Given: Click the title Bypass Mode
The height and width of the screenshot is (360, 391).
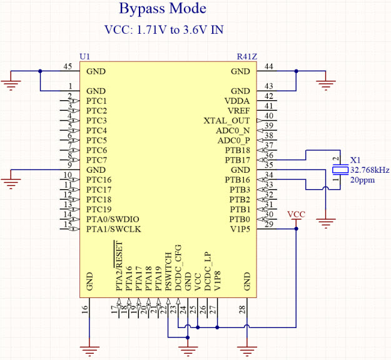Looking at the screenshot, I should (161, 10).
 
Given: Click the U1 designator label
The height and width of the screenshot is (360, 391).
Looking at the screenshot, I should (84, 56).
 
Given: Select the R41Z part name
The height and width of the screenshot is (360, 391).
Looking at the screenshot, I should (246, 56).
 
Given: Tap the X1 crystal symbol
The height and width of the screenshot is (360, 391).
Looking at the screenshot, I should (340, 170).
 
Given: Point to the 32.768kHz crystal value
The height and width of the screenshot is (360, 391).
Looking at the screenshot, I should (370, 170).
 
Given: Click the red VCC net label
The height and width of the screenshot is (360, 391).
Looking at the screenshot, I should (297, 214).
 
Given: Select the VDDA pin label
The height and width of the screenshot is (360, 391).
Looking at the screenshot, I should (236, 101).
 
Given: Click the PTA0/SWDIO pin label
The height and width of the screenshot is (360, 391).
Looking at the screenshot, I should (113, 219).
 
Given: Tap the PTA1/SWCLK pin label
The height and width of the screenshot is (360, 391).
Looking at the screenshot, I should (113, 229).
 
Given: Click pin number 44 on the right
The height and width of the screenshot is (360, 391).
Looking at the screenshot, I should (270, 66).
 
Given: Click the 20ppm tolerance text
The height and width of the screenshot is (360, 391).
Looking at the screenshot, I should (362, 180).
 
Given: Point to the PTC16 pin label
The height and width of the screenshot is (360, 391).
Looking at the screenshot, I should (99, 180).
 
